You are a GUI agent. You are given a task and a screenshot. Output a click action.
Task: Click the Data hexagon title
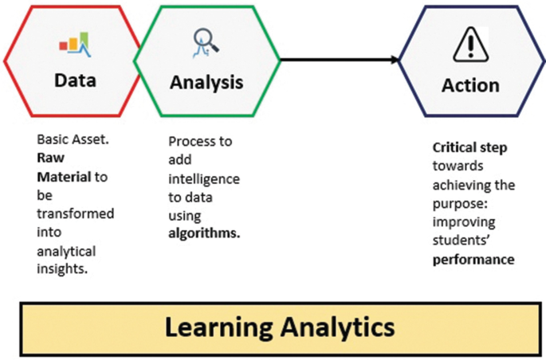tap(75, 80)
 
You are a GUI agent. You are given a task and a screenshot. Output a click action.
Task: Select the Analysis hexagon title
tap(206, 83)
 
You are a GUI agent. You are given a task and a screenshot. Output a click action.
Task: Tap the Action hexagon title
tap(470, 85)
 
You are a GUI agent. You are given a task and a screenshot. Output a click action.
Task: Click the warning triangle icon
tap(471, 45)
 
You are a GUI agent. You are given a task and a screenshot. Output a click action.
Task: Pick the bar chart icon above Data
tap(75, 44)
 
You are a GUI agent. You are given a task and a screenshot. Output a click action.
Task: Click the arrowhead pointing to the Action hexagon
tap(395, 60)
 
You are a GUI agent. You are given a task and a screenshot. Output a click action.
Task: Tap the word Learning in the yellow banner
tap(218, 327)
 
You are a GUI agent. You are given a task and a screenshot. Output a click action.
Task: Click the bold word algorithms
tap(204, 233)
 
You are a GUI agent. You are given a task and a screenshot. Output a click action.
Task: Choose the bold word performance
tap(473, 260)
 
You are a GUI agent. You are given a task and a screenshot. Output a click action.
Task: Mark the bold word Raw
tap(50, 158)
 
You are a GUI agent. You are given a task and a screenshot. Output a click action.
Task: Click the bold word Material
tap(64, 177)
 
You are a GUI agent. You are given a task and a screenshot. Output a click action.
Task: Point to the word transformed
tap(76, 213)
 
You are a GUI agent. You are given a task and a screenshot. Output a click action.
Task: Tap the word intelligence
tap(204, 179)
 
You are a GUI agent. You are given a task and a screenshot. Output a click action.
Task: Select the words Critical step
tap(469, 148)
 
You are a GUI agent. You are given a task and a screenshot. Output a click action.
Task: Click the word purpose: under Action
tap(460, 204)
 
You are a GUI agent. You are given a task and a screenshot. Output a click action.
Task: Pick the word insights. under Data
tap(62, 268)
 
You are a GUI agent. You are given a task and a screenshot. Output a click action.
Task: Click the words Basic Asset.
tap(73, 139)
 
